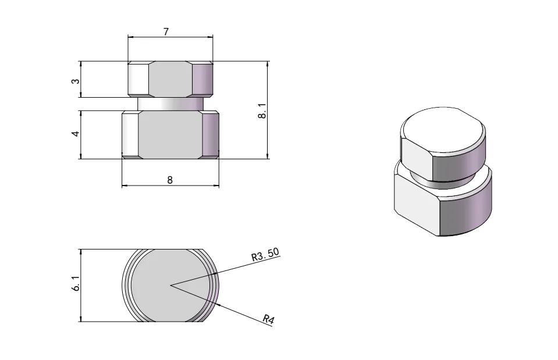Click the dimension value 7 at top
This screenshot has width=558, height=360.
[x=166, y=32]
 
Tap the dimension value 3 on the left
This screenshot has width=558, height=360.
[x=75, y=80]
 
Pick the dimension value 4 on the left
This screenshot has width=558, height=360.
[x=75, y=134]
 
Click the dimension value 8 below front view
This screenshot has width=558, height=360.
[x=170, y=180]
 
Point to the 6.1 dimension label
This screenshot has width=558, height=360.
[x=75, y=284]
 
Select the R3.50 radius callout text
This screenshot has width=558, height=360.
[x=265, y=254]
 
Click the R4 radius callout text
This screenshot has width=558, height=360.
[x=268, y=319]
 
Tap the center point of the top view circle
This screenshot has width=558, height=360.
[x=170, y=285]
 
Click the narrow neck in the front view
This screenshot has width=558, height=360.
[x=170, y=104]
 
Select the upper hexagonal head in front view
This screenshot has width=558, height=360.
[x=170, y=79]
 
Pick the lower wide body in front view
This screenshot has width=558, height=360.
[x=170, y=134]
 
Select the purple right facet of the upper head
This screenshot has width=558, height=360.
[x=203, y=79]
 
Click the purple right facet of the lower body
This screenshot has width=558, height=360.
[x=210, y=134]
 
